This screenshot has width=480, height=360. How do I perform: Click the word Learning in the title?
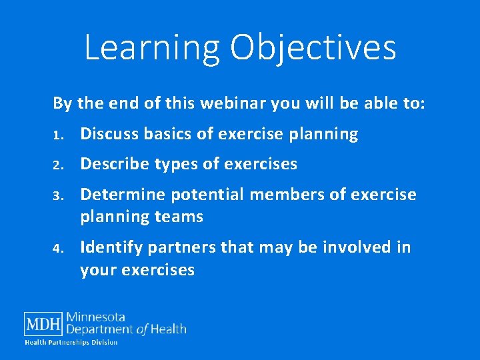tap(151, 48)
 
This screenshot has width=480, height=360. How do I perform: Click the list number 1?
tap(58, 135)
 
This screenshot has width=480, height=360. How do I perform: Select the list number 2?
tap(58, 165)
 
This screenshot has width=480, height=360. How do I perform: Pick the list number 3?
tap(58, 196)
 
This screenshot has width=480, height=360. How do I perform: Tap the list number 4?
tap(58, 249)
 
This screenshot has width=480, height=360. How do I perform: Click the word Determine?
tap(123, 195)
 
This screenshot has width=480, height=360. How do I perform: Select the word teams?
tap(179, 217)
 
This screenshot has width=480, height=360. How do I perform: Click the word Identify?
tap(111, 247)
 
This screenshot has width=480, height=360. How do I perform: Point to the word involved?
tap(361, 247)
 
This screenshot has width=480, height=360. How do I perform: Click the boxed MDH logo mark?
tap(44, 324)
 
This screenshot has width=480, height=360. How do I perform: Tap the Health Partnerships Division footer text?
tap(71, 342)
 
